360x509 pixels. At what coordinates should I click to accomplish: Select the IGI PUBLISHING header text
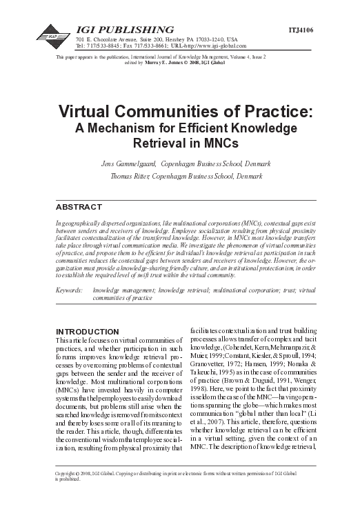123,30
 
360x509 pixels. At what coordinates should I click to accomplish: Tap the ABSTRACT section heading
79,207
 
